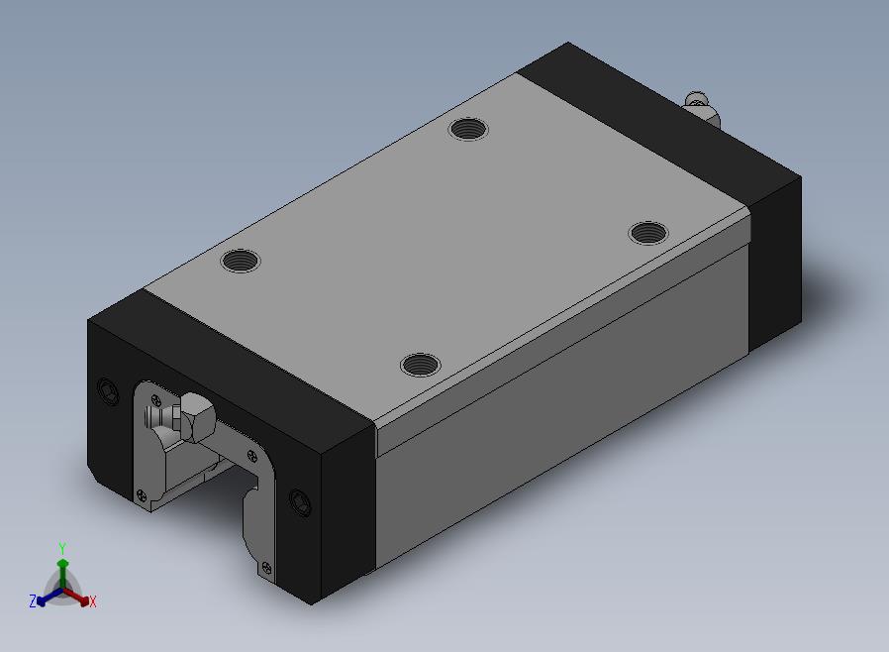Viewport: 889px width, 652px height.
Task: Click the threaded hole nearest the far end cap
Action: click(468, 129)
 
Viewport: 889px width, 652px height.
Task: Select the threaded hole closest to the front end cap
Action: click(420, 365)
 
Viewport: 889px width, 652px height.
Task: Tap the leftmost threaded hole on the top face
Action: click(241, 261)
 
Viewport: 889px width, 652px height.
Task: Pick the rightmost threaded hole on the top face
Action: click(648, 233)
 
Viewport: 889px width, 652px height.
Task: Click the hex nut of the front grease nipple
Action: click(196, 417)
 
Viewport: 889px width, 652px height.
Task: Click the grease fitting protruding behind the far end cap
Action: click(702, 108)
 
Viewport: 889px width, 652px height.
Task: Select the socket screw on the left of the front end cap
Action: click(108, 391)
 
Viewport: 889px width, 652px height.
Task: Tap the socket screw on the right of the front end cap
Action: click(300, 502)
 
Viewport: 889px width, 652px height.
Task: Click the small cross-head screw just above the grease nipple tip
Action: click(157, 401)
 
